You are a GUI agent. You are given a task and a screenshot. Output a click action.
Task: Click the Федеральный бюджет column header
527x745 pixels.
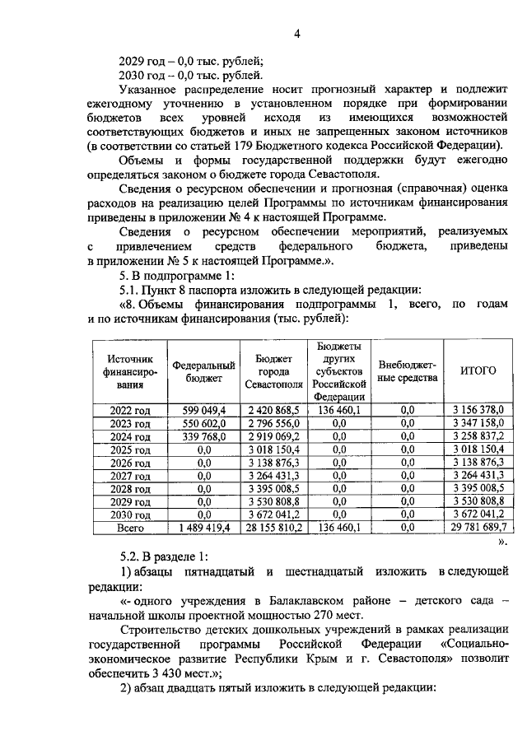203,371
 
